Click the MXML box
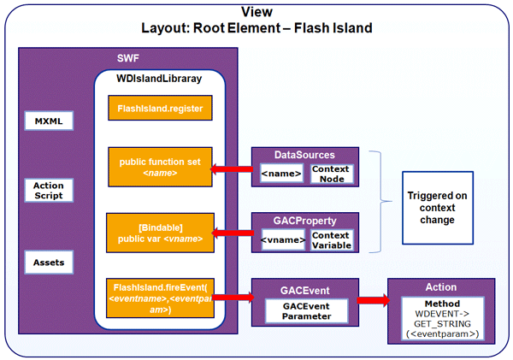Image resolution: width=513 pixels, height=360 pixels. [49, 121]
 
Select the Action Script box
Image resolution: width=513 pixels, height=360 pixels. [49, 191]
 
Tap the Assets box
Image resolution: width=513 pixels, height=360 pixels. [49, 261]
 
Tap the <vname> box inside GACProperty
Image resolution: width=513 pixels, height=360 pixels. [281, 240]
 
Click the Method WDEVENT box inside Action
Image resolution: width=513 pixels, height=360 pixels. [441, 319]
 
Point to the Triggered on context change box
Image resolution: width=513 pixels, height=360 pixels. [437, 208]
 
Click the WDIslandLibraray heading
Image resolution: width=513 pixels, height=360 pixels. [159, 79]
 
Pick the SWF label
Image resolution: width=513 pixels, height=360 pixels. [129, 58]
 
